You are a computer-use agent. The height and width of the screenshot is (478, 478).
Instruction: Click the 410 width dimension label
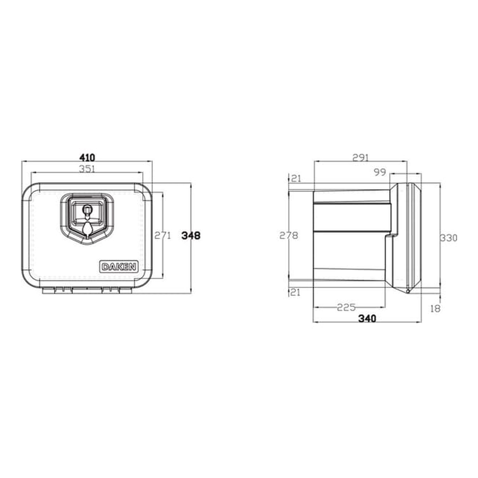(87, 157)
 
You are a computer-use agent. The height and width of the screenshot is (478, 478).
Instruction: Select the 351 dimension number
(87, 169)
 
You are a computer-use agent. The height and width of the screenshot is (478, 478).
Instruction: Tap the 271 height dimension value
(163, 235)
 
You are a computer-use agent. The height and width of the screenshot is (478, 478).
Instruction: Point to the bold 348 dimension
(191, 235)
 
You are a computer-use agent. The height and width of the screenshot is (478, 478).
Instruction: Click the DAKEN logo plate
(119, 267)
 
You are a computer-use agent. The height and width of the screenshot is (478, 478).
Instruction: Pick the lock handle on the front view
(87, 218)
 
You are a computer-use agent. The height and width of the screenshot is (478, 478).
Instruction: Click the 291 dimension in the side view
(361, 157)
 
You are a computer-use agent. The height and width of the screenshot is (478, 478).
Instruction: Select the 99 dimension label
(380, 172)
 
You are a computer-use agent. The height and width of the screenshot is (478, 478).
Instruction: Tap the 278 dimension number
(289, 235)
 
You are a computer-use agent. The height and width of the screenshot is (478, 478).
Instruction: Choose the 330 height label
(448, 238)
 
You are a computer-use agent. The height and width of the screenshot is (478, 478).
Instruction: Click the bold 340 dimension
(366, 319)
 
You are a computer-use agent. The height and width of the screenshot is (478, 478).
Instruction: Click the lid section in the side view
(409, 238)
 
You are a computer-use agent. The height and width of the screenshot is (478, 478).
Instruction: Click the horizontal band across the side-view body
(353, 217)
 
